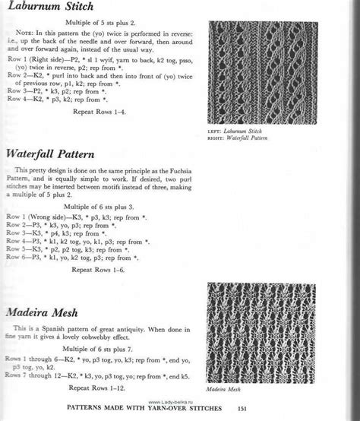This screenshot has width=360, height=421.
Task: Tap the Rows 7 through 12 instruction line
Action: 106,375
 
